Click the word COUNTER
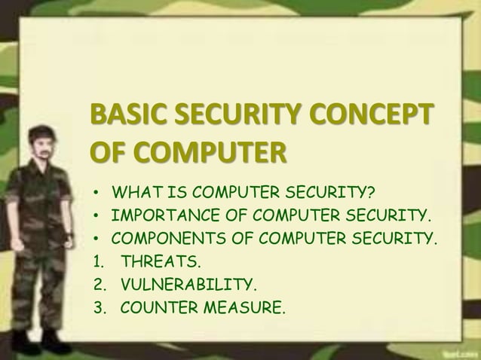coord(154,307)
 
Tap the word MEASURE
coord(240,307)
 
